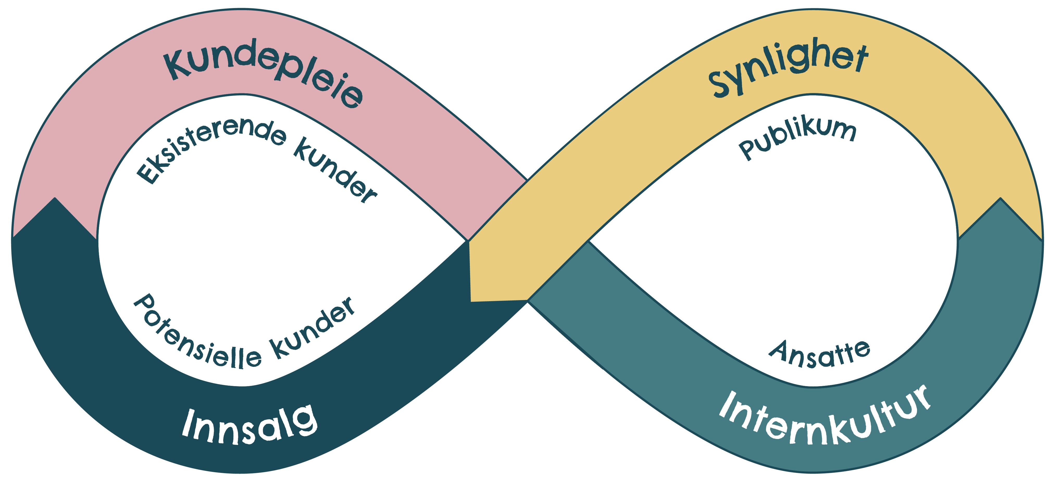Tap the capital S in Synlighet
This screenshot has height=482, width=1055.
[x=721, y=84]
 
